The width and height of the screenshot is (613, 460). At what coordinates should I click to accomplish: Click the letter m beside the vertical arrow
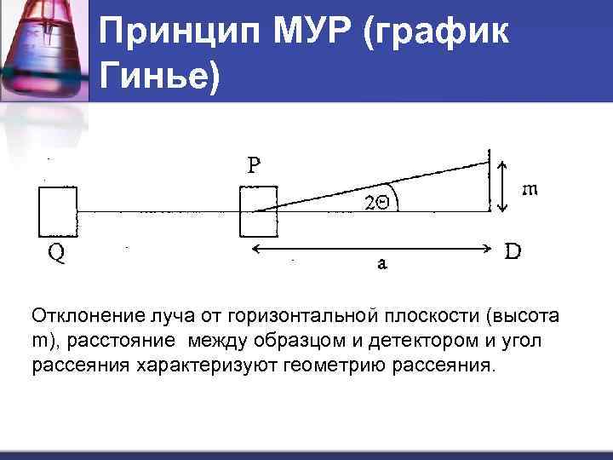click(529, 189)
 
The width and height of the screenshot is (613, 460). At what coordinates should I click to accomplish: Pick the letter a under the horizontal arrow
click(382, 263)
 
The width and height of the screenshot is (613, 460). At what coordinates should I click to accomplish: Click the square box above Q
click(58, 210)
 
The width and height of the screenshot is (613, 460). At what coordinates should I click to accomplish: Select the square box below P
click(259, 210)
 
